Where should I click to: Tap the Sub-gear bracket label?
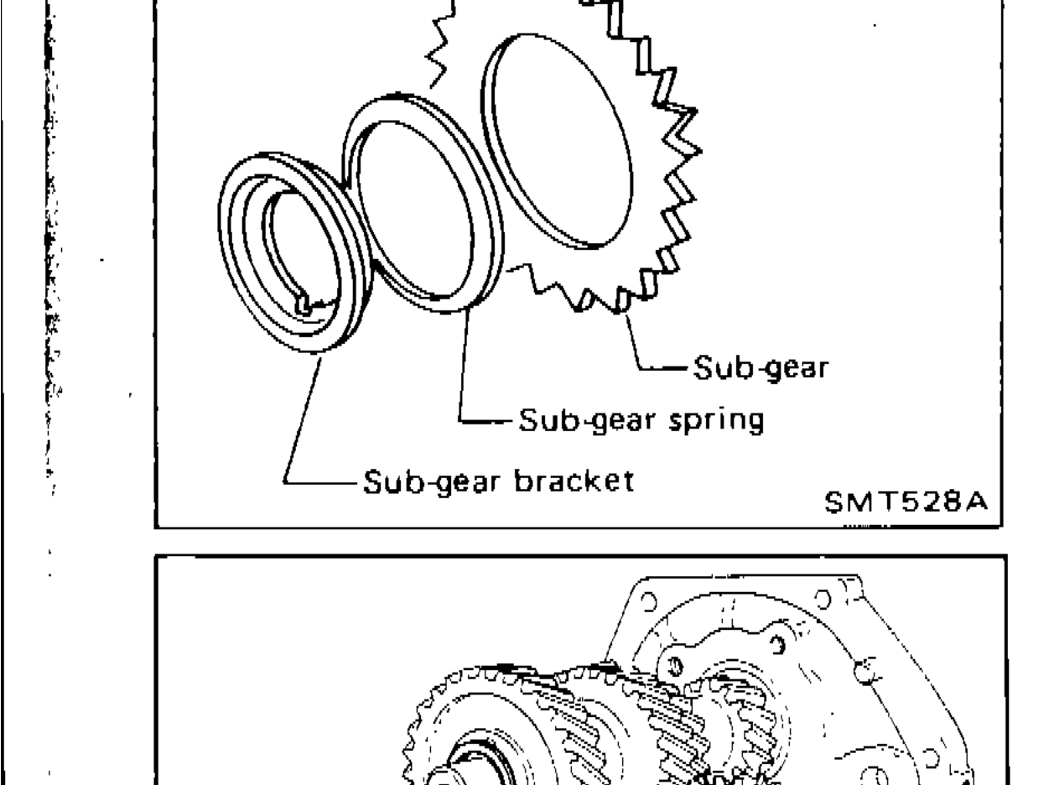tap(497, 483)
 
